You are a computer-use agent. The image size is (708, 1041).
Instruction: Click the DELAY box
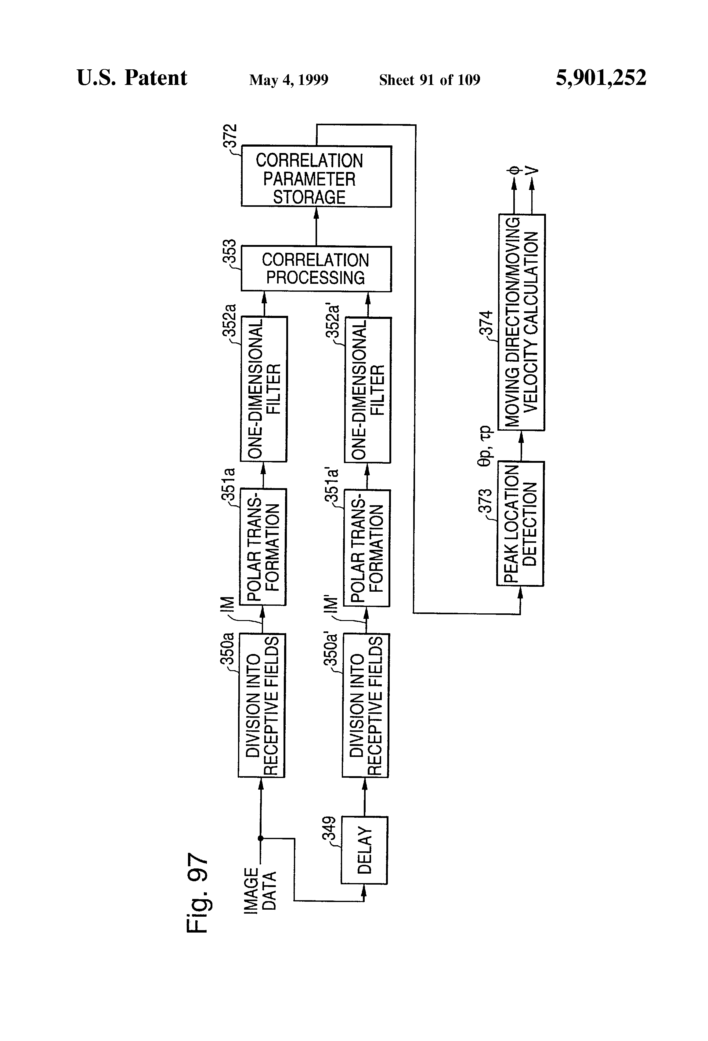click(364, 850)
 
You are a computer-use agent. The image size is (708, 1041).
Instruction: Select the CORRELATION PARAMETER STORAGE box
click(316, 177)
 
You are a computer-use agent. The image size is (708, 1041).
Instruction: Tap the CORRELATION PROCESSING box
click(316, 269)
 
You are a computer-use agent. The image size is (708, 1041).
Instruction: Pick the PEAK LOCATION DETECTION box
click(520, 523)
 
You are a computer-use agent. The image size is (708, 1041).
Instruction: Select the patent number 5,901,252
click(601, 78)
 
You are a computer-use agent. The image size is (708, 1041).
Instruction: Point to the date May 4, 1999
click(289, 80)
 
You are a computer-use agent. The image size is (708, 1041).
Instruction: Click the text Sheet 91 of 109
click(429, 80)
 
